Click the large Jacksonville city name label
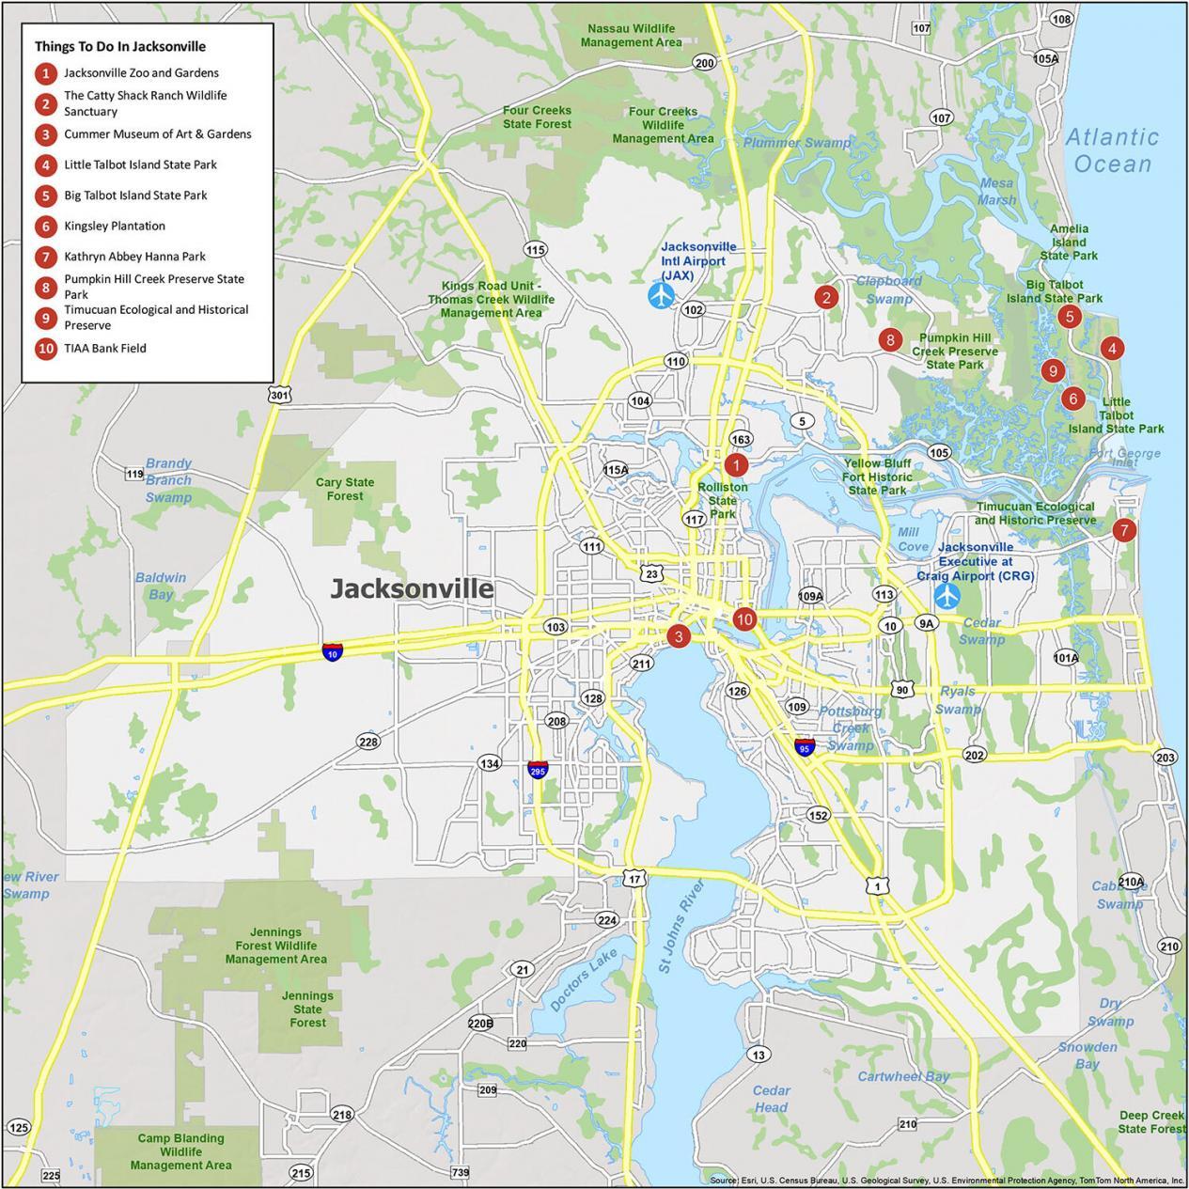click(x=412, y=588)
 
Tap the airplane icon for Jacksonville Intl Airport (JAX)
click(x=662, y=295)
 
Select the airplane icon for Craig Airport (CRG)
click(x=947, y=595)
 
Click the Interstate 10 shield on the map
click(x=333, y=652)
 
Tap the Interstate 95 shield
click(x=804, y=747)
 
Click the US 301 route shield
click(x=278, y=395)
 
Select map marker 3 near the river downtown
click(x=678, y=636)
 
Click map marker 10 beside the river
click(x=744, y=618)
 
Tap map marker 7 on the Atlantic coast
click(x=1123, y=530)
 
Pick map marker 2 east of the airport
click(x=826, y=298)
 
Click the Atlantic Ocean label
click(x=1112, y=150)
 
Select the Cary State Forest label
click(x=345, y=489)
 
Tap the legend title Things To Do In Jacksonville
click(x=120, y=46)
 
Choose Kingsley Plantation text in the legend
click(x=115, y=226)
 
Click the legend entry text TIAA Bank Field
click(x=105, y=348)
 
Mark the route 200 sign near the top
click(x=704, y=63)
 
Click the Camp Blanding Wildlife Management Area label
click(x=180, y=1151)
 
